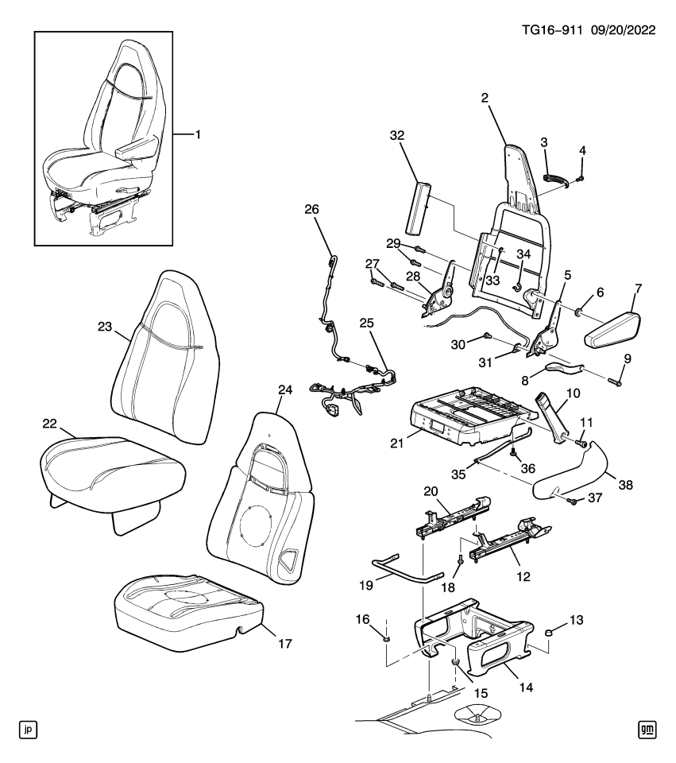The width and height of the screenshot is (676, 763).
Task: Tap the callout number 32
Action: pos(398,136)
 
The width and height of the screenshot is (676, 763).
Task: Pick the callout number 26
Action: pos(311,209)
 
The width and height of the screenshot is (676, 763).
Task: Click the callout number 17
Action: pos(284,641)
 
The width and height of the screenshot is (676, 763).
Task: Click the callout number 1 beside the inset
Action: pos(198,135)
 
